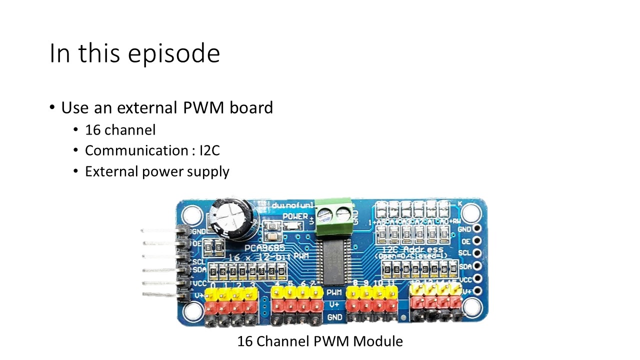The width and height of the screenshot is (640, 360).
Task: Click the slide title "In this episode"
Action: point(134,53)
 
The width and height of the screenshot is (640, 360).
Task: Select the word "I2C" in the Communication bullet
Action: point(209,150)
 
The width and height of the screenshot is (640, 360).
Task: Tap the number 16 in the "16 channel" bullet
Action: point(93,130)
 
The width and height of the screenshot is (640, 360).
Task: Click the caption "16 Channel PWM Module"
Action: point(319,341)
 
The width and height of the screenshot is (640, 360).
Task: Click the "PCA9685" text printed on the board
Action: point(264,248)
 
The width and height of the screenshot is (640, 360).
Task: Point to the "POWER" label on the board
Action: point(295,216)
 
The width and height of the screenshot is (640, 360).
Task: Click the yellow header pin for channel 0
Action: point(212,293)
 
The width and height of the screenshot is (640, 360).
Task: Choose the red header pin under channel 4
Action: point(277,304)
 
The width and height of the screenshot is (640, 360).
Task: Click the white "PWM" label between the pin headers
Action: point(334,291)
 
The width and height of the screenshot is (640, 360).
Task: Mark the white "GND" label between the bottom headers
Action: point(334,317)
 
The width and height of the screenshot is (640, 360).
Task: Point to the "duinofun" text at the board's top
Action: point(292,205)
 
